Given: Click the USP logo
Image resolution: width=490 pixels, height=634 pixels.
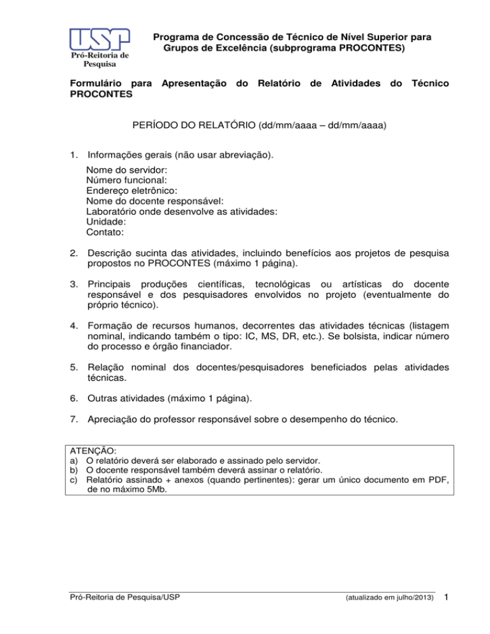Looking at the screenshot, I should pos(98,40).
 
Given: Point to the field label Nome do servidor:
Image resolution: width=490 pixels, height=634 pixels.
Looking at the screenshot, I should pos(127,170).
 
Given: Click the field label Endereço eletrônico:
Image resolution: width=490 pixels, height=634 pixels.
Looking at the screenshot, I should pos(131,191).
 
